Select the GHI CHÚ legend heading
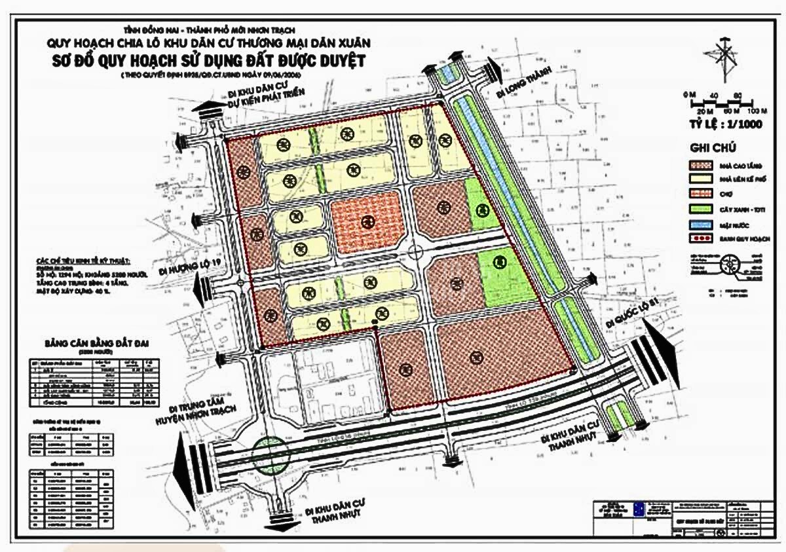click(x=713, y=148)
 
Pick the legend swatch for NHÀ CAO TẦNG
click(x=702, y=166)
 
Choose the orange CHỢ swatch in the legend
click(x=702, y=194)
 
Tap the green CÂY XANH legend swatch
click(x=702, y=209)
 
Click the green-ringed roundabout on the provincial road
click(x=269, y=452)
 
